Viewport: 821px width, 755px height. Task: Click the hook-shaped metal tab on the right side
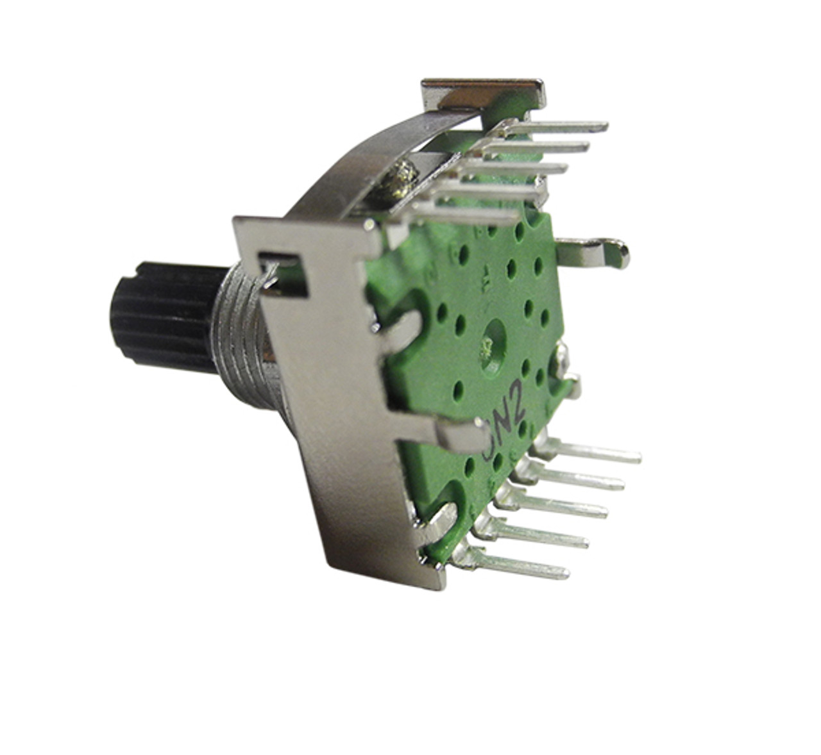(597, 250)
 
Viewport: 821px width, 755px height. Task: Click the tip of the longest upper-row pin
(603, 127)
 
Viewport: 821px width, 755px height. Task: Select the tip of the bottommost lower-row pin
(564, 572)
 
